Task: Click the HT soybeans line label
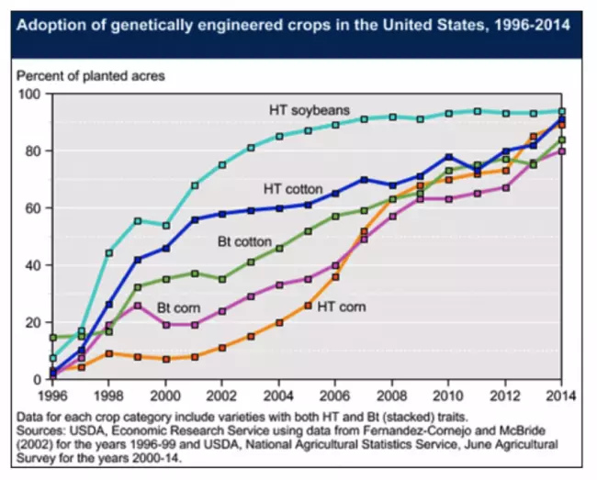(x=308, y=110)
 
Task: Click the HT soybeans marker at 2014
(x=561, y=111)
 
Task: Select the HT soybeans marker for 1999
(x=137, y=221)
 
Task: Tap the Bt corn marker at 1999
(x=137, y=305)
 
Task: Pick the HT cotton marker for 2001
(x=194, y=219)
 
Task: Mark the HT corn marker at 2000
(x=165, y=359)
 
